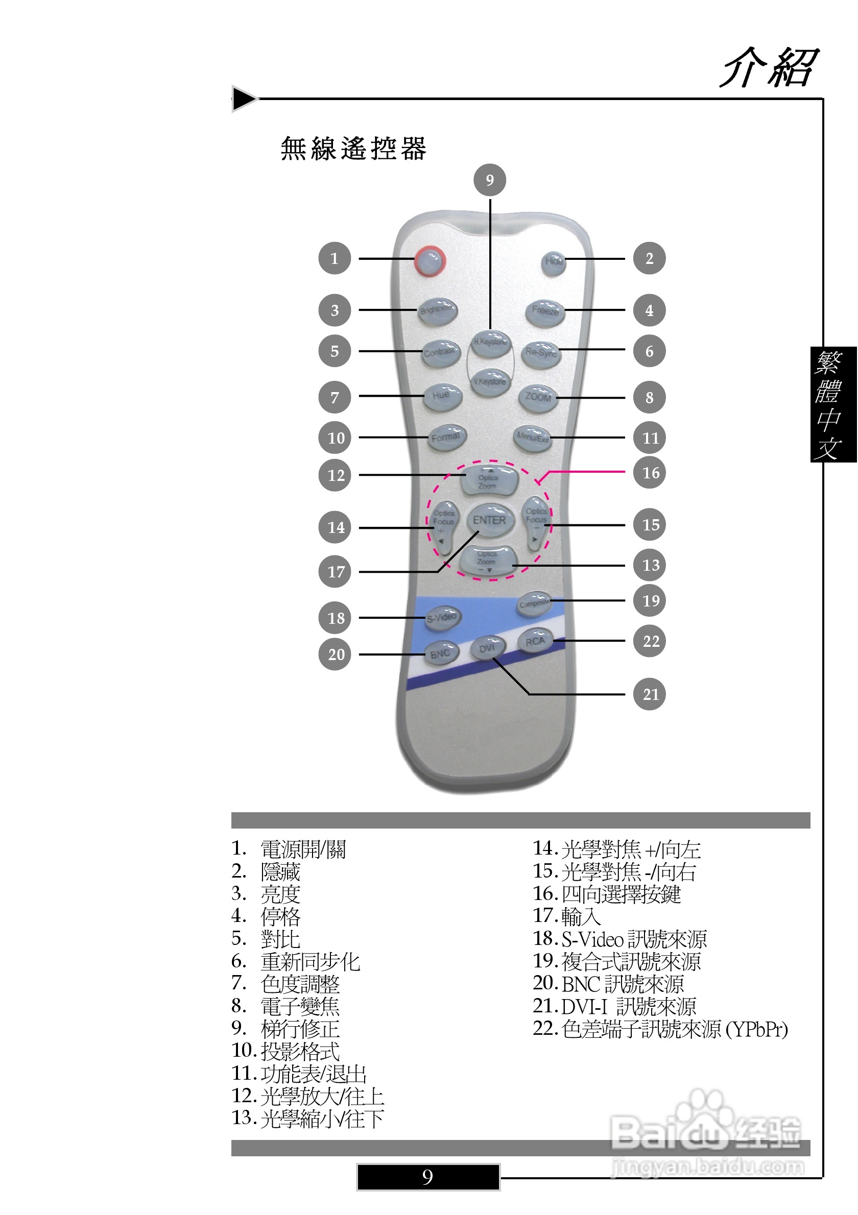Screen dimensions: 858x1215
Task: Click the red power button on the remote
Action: (430, 260)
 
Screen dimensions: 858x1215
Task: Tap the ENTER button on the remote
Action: (490, 520)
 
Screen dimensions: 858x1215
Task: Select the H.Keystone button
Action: (491, 342)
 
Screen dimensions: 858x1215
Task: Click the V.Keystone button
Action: (490, 381)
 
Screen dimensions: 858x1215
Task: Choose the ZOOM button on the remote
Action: (538, 397)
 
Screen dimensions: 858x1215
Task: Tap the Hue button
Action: (442, 395)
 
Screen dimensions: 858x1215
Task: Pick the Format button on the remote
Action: (446, 437)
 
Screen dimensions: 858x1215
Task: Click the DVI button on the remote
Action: (487, 648)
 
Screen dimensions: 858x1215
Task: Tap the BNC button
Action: (440, 654)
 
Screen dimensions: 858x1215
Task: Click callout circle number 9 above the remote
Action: (490, 180)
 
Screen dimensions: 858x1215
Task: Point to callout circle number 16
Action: (650, 473)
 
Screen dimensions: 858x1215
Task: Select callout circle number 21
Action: (650, 694)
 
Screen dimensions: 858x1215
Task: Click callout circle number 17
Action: (335, 572)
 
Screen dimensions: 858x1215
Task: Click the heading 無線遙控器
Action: (353, 149)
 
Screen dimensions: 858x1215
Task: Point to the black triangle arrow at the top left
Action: (244, 99)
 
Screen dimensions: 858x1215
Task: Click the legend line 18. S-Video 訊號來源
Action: (619, 939)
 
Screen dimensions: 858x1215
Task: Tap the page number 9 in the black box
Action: (427, 1177)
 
